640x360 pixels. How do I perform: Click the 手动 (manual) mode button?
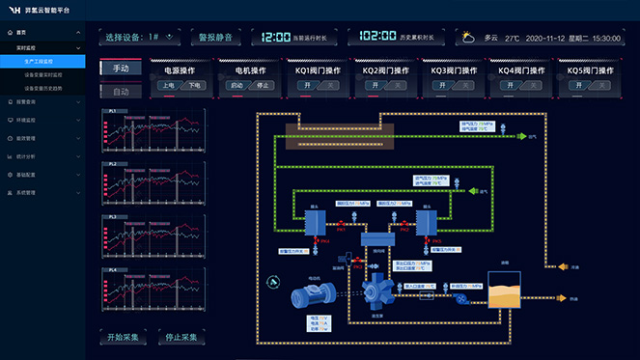pyautogui.click(x=122, y=69)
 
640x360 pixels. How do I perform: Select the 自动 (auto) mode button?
pyautogui.click(x=122, y=92)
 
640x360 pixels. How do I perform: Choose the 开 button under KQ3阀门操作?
pyautogui.click(x=443, y=85)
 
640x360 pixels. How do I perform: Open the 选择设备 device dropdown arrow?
pyautogui.click(x=170, y=37)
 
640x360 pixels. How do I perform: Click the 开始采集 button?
pyautogui.click(x=125, y=338)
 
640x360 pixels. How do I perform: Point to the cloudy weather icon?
pyautogui.click(x=467, y=38)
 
